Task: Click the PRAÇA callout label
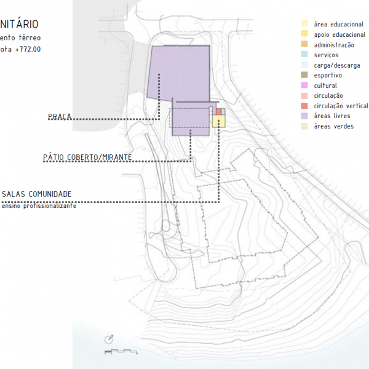click(x=60, y=117)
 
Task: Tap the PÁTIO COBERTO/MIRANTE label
click(x=87, y=157)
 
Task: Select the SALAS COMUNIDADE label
click(x=36, y=194)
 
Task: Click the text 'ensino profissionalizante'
click(x=39, y=205)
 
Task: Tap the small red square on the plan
click(x=218, y=111)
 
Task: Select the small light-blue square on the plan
click(x=223, y=111)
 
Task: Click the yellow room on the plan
click(x=219, y=121)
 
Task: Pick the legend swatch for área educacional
click(x=304, y=24)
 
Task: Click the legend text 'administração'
click(x=334, y=45)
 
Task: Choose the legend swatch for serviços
click(x=304, y=55)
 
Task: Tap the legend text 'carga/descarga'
click(x=337, y=65)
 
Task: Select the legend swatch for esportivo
click(x=304, y=75)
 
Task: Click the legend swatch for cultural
click(x=304, y=85)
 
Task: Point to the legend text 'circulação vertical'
click(x=341, y=106)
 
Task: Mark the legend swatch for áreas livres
click(x=304, y=116)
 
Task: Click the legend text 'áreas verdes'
click(x=333, y=126)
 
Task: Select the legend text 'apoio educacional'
click(x=339, y=34)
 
